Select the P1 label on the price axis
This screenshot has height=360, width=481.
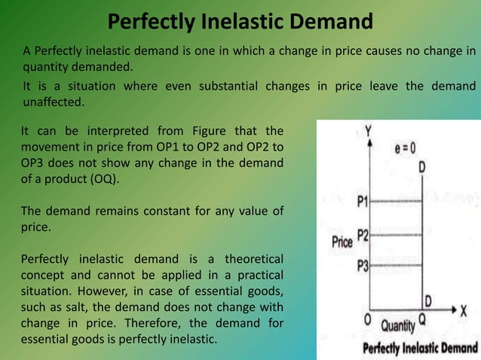coord(362,201)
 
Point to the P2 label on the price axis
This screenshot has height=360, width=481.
coord(362,235)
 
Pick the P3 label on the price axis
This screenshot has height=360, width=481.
coord(362,265)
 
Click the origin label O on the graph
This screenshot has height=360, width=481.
coord(368,319)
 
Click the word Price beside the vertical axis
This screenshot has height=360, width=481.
coord(343,243)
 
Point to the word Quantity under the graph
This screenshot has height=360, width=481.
coord(397,325)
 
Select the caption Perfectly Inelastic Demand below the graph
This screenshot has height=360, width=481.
coord(420,348)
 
